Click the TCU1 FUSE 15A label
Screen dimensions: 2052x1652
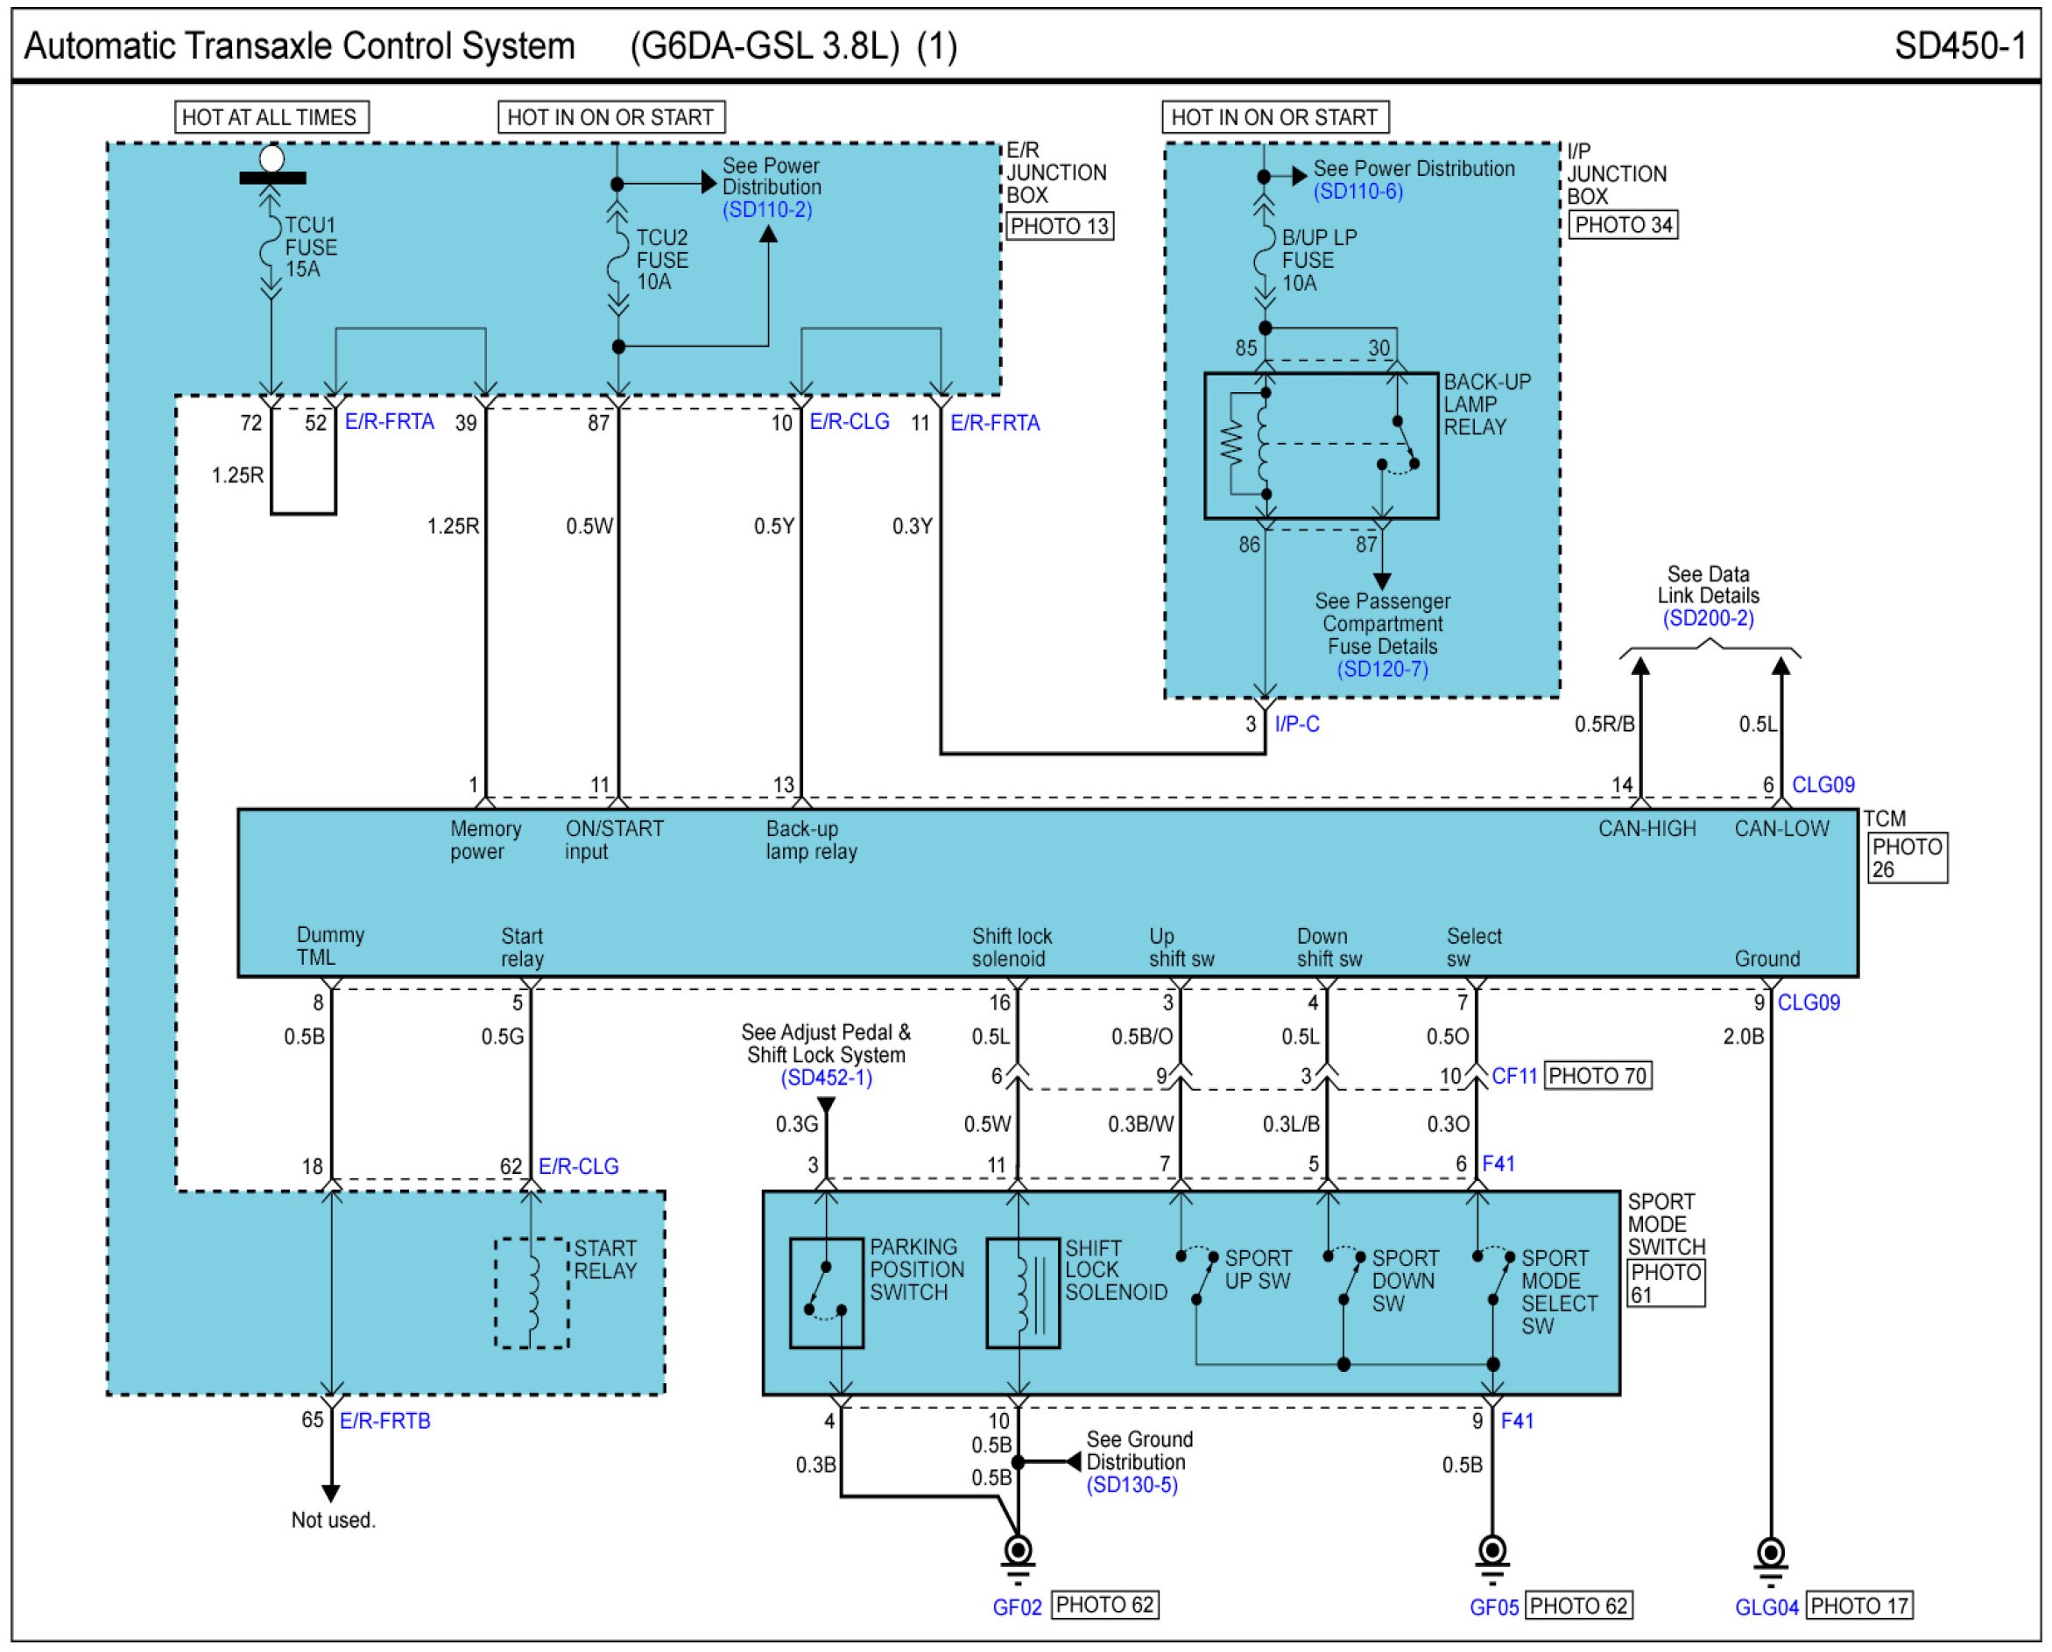(x=311, y=248)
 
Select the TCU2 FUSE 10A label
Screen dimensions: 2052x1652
(x=661, y=260)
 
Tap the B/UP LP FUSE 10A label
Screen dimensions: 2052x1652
(x=1319, y=260)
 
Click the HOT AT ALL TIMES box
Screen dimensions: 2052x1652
(x=271, y=117)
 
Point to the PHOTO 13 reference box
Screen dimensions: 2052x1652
(x=1060, y=227)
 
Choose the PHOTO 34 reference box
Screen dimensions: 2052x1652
(x=1623, y=226)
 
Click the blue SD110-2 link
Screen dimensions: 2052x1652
(x=767, y=210)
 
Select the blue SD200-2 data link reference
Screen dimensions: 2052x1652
(x=1709, y=619)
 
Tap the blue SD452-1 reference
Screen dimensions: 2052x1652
(x=826, y=1079)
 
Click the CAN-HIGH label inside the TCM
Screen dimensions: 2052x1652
(x=1647, y=829)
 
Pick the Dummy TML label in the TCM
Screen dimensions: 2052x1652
(x=330, y=946)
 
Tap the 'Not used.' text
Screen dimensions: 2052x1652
(x=333, y=1521)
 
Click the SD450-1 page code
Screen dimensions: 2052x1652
(x=1961, y=46)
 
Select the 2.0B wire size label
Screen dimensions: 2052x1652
(x=1744, y=1037)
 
